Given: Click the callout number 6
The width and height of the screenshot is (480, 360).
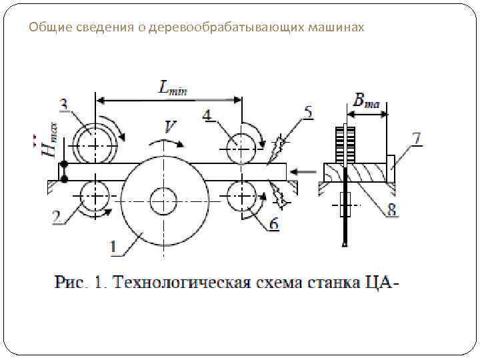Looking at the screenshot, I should tap(273, 224).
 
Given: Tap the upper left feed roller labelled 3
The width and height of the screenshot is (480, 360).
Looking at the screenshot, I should tap(95, 143).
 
